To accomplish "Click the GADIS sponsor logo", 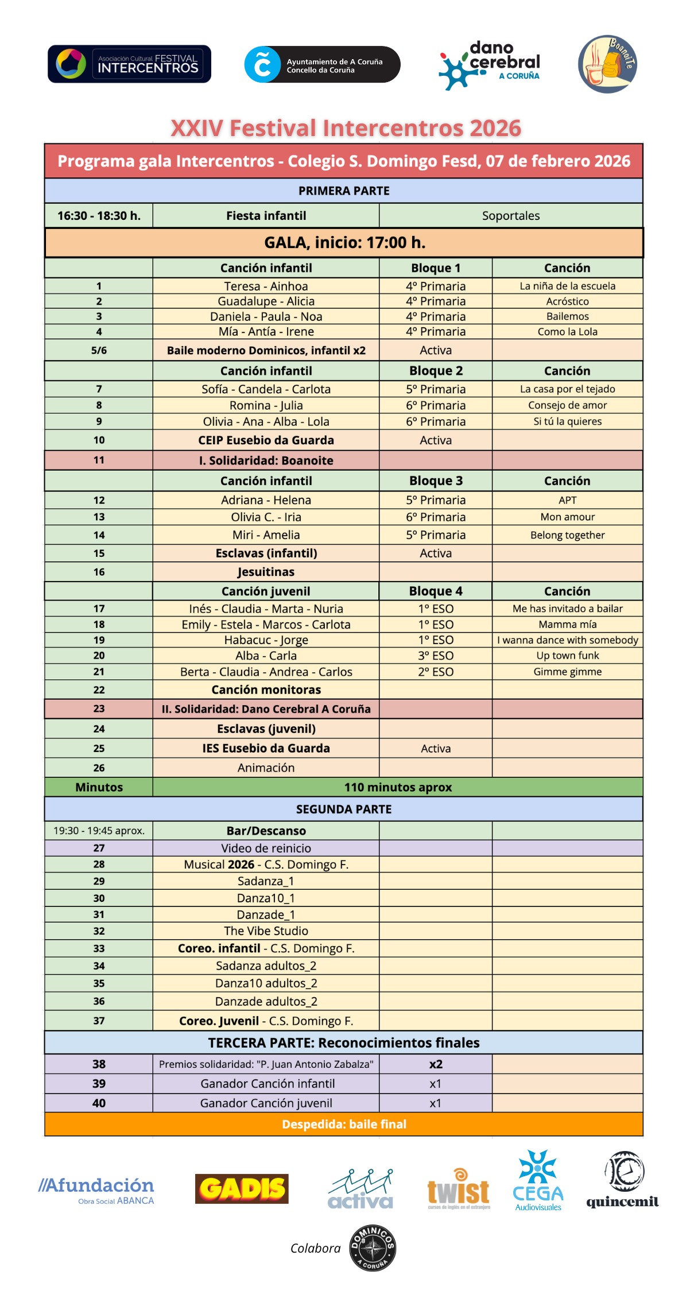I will (x=242, y=1188).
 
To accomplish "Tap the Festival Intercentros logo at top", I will (x=129, y=64).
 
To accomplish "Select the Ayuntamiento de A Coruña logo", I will (x=322, y=64).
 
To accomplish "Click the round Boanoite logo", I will (x=607, y=64).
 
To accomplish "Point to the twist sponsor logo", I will (x=459, y=1190).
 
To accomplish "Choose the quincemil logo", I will (x=623, y=1181).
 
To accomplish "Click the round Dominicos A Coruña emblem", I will (x=373, y=1248).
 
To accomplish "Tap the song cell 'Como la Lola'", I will (x=567, y=332).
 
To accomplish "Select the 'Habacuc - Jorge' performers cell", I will (x=266, y=640).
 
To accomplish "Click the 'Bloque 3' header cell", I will (x=436, y=481).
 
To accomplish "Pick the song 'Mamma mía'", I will (x=567, y=625).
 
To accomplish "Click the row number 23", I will (x=99, y=709).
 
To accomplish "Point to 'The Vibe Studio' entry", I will (x=266, y=931).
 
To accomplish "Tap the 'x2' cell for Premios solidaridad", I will (x=436, y=1064).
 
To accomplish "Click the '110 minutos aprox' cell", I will (x=398, y=788).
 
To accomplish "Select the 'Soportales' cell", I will (x=511, y=216).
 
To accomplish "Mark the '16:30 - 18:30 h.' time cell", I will (x=99, y=216).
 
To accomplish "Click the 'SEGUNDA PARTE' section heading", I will (x=344, y=809).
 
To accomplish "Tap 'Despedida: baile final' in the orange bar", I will (x=344, y=1125).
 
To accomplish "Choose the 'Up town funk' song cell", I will (x=567, y=656).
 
